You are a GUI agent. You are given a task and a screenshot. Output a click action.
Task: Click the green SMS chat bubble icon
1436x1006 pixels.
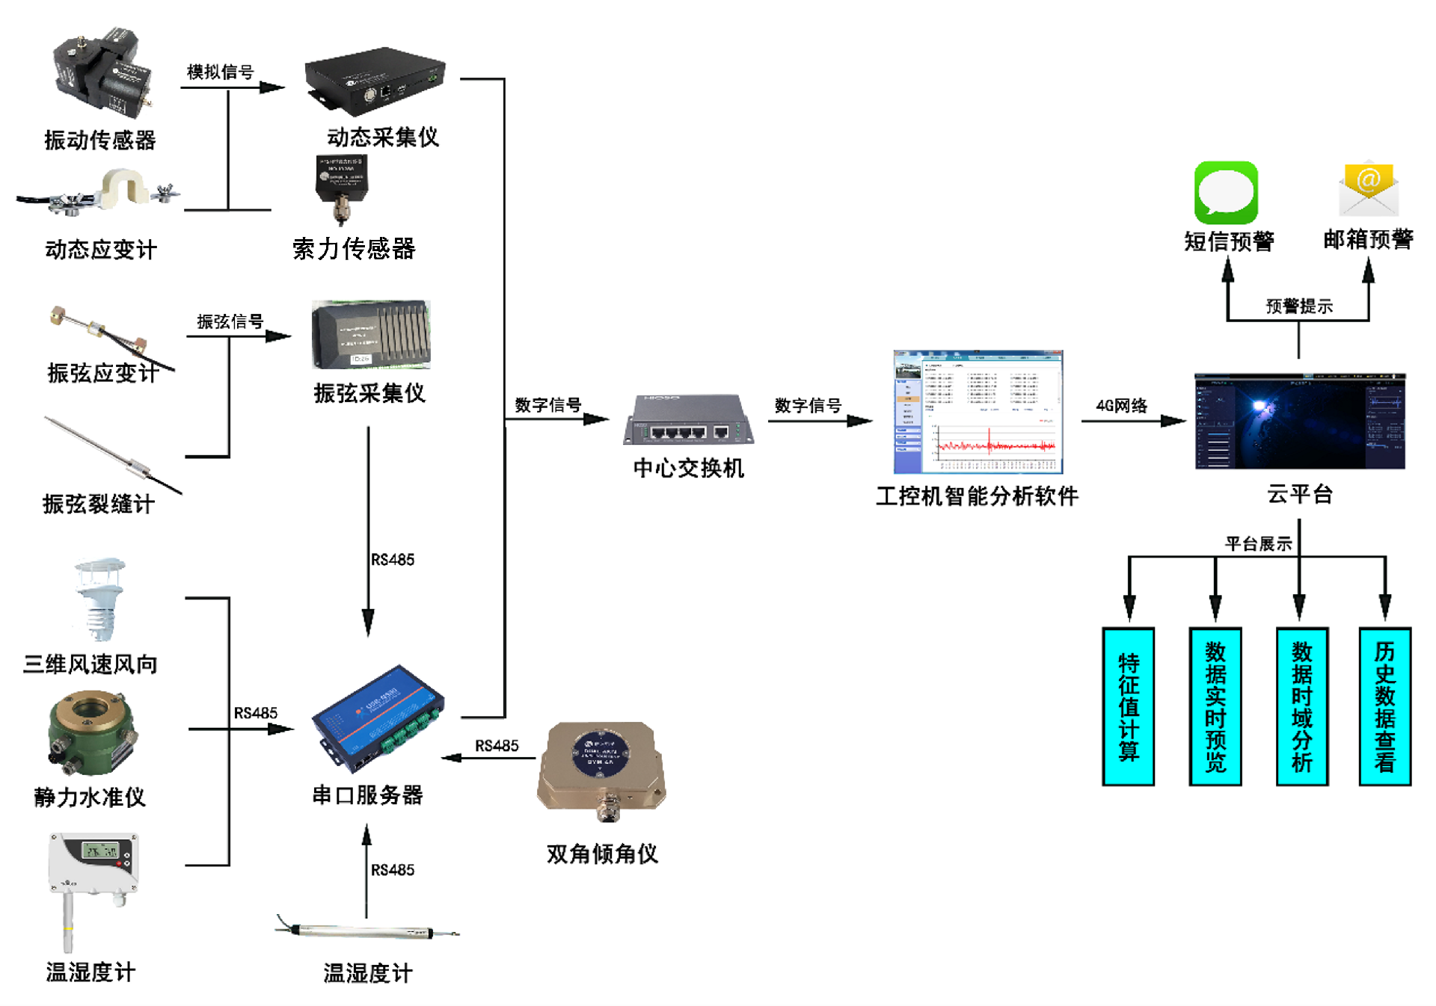[1225, 193]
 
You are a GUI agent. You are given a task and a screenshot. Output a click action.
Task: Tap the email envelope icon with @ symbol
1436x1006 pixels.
[1368, 189]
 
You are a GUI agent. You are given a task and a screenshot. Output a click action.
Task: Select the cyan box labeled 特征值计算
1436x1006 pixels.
[1129, 706]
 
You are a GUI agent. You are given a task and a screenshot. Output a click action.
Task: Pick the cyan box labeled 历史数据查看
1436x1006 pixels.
[1384, 706]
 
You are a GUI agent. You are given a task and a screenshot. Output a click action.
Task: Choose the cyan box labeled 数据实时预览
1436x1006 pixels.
[1215, 706]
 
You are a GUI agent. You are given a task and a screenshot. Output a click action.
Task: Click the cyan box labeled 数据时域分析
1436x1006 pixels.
[1302, 706]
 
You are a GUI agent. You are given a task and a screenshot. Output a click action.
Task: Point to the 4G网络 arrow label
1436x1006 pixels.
[1121, 406]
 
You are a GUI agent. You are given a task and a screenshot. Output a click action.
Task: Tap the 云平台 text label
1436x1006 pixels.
[1300, 494]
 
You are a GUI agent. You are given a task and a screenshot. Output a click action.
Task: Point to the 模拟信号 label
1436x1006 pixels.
[220, 72]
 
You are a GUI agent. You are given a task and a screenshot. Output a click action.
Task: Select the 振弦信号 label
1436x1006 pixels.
[230, 321]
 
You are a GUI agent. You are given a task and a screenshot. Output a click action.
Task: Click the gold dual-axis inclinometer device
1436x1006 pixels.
[601, 768]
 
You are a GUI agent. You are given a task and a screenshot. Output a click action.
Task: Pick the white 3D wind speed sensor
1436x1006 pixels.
[99, 599]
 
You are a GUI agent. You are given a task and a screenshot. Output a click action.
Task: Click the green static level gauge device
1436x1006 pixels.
[91, 733]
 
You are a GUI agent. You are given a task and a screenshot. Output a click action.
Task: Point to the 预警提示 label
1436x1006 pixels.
[1298, 306]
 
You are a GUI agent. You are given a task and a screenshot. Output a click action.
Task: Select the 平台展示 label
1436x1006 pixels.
[1258, 543]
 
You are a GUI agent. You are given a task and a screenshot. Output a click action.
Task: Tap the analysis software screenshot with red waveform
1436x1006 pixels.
[978, 412]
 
